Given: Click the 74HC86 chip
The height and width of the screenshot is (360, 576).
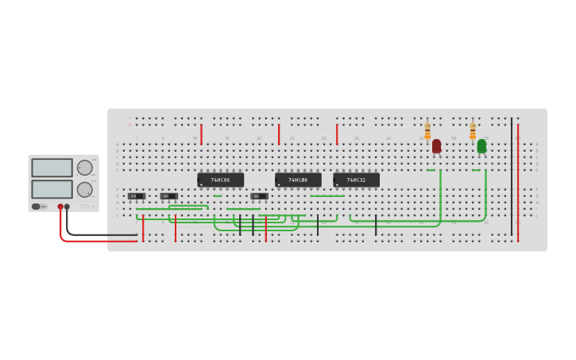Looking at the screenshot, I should [x=220, y=180].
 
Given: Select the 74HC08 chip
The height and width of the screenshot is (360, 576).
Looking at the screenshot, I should [x=298, y=180].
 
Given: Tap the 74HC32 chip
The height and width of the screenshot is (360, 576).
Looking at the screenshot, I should [x=356, y=180].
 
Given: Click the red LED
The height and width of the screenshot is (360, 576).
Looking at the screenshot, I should [x=436, y=146].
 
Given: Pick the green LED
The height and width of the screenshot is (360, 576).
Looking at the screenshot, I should [x=481, y=146].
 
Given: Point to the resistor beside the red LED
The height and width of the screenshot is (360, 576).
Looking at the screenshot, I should [x=427, y=131].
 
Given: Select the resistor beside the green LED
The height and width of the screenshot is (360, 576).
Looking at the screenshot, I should [x=473, y=131].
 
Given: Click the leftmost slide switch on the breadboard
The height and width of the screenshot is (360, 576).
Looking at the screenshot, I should [x=136, y=195].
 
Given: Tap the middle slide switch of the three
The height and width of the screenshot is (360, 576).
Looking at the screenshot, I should [x=168, y=195].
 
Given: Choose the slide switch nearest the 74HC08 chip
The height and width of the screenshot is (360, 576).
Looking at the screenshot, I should [x=259, y=195].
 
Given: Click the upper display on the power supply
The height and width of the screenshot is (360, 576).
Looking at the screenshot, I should [x=52, y=168].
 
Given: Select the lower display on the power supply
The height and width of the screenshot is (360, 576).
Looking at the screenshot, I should [x=52, y=189].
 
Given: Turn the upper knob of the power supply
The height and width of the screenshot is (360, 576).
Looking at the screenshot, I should [x=84, y=168].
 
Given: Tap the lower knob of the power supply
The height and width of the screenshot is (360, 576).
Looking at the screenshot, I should [x=84, y=189].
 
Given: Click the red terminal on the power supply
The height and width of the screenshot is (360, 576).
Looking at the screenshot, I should [x=60, y=207].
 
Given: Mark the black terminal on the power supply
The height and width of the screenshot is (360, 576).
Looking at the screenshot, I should [x=67, y=207].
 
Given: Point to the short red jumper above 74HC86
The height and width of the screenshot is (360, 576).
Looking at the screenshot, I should [x=201, y=134].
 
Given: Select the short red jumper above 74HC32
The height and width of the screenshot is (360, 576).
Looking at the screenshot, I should [x=337, y=134].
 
